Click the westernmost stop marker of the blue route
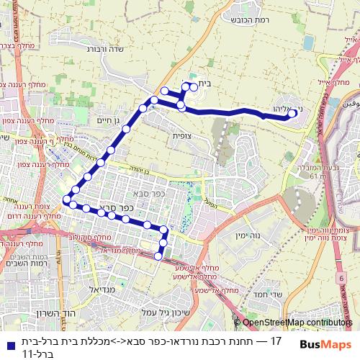(x=67, y=199)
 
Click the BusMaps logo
(x=325, y=346)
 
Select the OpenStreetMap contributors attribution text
(x=298, y=323)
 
